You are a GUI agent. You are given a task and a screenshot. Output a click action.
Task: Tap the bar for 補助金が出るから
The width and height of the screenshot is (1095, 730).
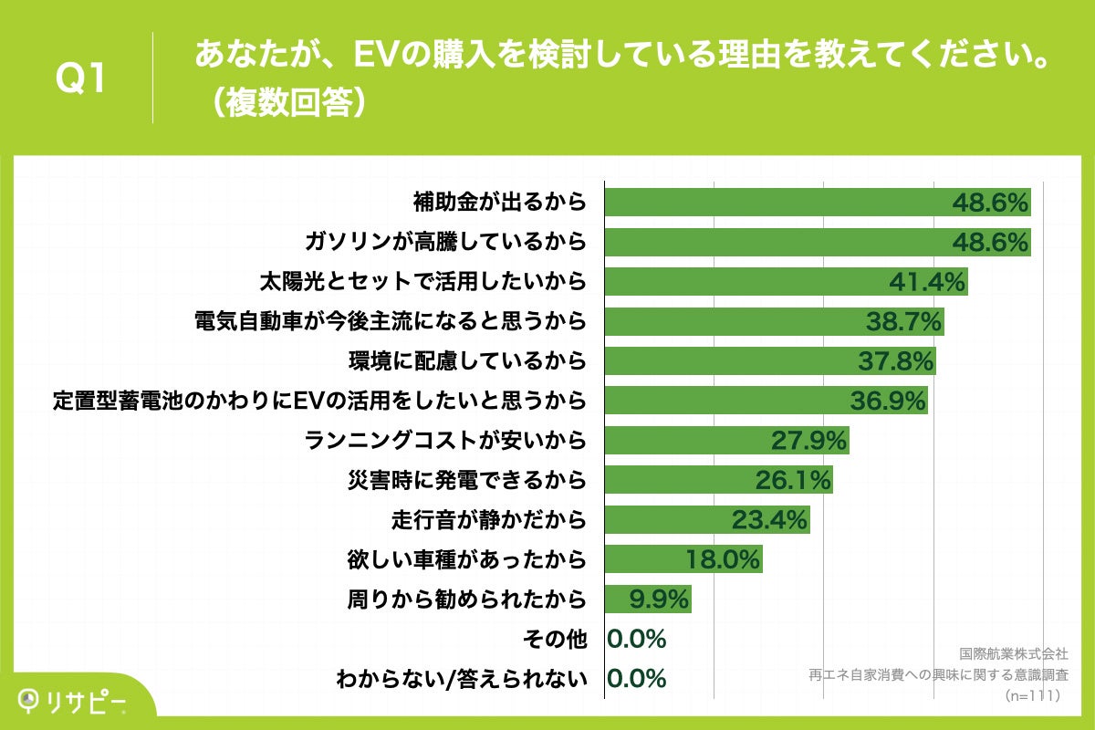(x=776, y=203)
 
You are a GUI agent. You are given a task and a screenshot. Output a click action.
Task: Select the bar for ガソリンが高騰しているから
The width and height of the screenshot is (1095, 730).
(x=776, y=242)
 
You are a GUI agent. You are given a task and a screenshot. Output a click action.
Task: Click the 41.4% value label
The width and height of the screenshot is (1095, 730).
(x=927, y=282)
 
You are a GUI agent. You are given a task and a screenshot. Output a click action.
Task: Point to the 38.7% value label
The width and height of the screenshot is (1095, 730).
(x=902, y=321)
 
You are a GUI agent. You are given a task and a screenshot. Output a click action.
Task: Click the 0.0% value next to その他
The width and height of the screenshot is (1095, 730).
(x=636, y=639)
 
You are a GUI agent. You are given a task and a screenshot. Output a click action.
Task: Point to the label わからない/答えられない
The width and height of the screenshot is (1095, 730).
(x=460, y=678)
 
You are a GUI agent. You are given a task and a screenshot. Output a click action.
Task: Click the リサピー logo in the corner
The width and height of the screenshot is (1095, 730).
(x=73, y=701)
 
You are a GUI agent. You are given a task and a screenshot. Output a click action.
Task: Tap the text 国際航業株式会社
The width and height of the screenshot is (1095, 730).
(x=1013, y=654)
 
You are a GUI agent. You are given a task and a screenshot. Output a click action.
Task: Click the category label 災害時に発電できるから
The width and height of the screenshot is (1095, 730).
(x=467, y=479)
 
